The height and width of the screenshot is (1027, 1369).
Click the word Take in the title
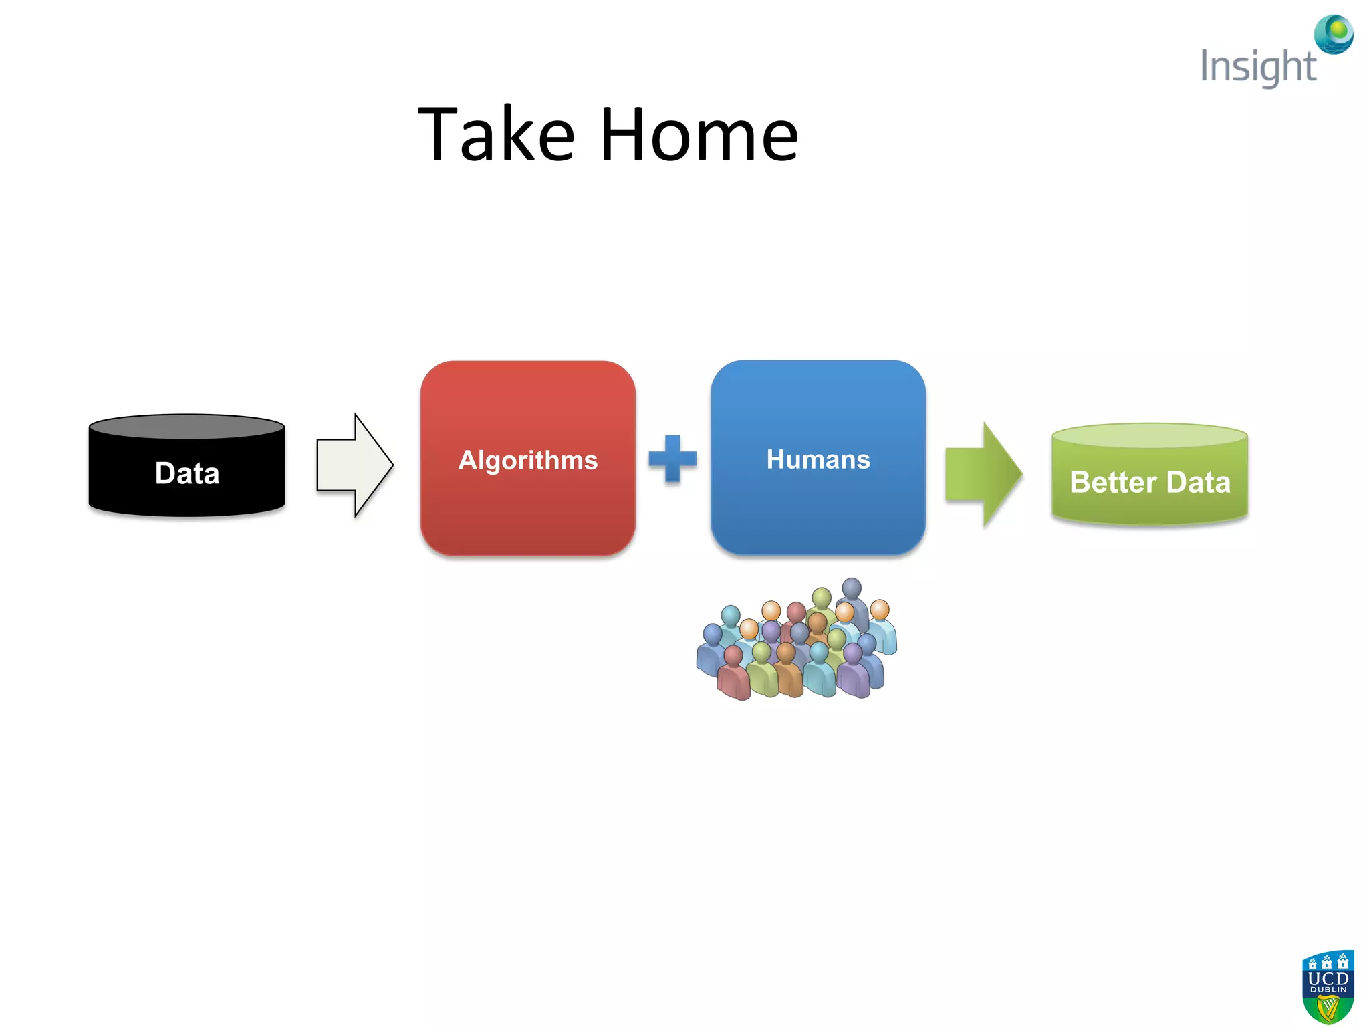pos(496,136)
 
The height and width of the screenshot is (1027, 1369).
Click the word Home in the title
pos(699,136)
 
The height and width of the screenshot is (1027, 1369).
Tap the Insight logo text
pos(1258,67)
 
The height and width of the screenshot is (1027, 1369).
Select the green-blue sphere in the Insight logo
pos(1334,33)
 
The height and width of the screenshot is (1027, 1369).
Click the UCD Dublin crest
pos(1328,986)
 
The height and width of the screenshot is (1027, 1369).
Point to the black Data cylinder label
pos(187,473)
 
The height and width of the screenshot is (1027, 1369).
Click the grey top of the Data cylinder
pos(187,427)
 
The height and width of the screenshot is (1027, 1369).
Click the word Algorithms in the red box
pos(528,460)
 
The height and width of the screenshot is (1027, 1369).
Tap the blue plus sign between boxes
pos(672,459)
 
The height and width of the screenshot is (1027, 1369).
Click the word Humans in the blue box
pos(818,459)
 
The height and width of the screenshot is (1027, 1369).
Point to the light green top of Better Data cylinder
pos(1150,435)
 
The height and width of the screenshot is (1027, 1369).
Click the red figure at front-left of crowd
pos(734,675)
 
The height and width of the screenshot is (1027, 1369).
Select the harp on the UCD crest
pos(1328,1007)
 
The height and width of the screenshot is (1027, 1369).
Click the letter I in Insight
pos(1205,66)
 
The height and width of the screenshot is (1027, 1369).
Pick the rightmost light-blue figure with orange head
pos(882,629)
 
